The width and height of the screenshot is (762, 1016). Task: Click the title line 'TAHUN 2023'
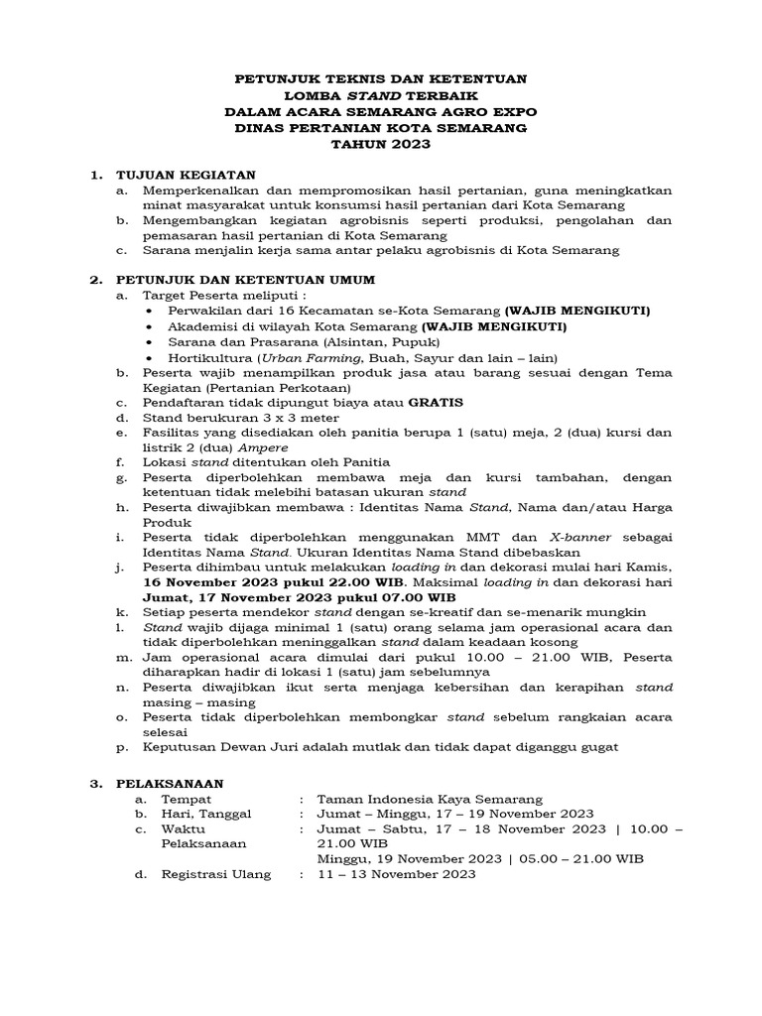point(381,144)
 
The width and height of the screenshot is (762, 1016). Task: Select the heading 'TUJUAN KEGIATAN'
point(187,175)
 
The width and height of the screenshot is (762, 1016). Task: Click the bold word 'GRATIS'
point(436,403)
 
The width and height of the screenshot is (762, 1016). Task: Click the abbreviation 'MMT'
point(504,538)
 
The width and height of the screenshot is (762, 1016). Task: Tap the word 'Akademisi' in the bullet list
point(201,326)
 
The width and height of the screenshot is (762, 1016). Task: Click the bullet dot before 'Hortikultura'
point(149,357)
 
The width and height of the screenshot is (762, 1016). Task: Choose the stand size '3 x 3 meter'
point(287,417)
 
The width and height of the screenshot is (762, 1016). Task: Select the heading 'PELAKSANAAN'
point(171,783)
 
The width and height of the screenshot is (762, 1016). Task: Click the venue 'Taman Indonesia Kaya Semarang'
point(430,799)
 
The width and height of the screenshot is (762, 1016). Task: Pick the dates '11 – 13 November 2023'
point(396,874)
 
